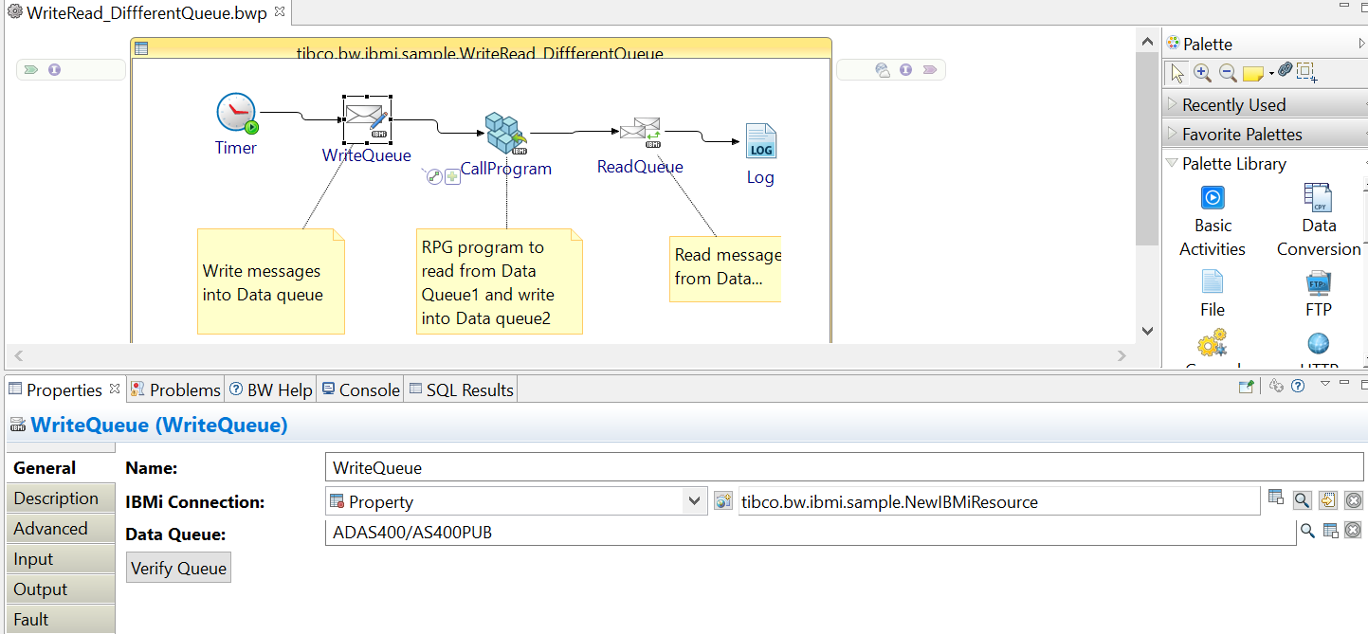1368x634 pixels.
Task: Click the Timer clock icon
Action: click(236, 113)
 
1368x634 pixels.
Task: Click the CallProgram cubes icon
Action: click(505, 134)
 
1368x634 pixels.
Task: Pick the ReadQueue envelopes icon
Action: click(640, 132)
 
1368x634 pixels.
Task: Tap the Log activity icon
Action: click(760, 142)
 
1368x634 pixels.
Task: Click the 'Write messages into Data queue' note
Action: click(270, 281)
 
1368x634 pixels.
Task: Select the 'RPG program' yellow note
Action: click(499, 281)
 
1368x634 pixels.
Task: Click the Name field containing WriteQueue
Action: click(806, 467)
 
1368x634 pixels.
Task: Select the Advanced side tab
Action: click(51, 529)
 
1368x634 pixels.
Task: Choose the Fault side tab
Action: click(31, 620)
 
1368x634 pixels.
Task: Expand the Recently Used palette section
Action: click(1233, 104)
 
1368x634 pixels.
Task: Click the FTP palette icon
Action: click(1318, 283)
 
